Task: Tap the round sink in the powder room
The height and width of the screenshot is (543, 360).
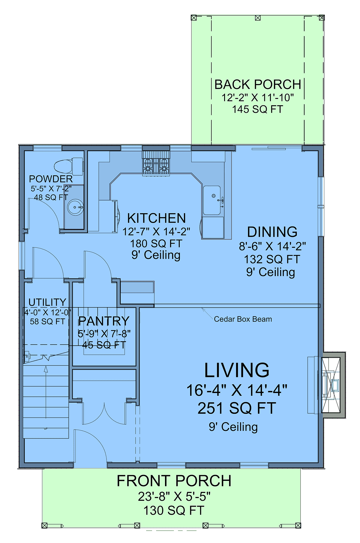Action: point(75,207)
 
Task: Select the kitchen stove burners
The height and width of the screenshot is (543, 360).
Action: point(156,166)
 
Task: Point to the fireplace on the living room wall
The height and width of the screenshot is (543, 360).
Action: point(333,385)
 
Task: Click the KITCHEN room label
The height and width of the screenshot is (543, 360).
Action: point(157,218)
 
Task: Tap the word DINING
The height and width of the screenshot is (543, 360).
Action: point(272,232)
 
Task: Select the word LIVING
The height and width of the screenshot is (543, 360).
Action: point(237,370)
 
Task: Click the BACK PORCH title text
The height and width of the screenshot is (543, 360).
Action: point(258,84)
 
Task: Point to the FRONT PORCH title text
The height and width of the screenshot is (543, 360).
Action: point(174,481)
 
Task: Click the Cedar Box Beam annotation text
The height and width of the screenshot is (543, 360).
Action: point(243,319)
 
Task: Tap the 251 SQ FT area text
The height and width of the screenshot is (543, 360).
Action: point(237,408)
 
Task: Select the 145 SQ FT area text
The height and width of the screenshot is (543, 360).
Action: point(258,109)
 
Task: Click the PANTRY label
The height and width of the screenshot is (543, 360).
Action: point(104,321)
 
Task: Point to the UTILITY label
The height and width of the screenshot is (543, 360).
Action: point(47,302)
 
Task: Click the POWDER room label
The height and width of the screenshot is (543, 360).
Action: point(51,179)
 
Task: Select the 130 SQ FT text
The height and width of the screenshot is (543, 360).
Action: point(174,510)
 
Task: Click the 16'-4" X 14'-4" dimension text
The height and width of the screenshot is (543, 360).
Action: point(237,390)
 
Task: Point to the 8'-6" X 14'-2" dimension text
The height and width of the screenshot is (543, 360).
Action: point(272,246)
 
